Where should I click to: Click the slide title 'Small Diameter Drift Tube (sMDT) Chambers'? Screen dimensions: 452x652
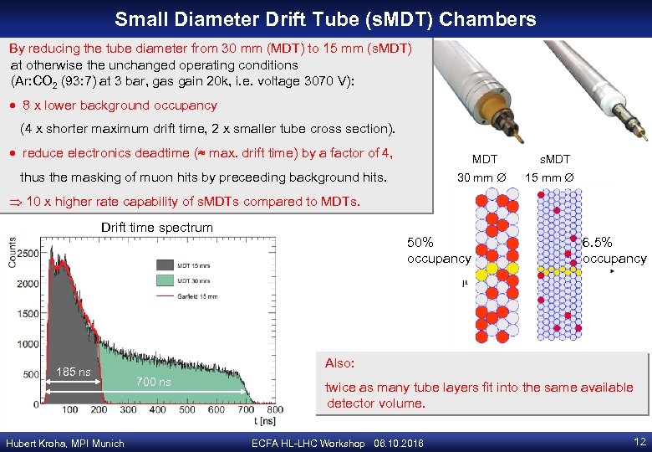[325, 18]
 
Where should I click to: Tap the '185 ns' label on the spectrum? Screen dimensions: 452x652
[74, 372]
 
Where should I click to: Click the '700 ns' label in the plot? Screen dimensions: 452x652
[153, 383]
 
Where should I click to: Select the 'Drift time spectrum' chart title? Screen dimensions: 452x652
[156, 228]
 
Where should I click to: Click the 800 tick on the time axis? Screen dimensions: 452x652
[273, 410]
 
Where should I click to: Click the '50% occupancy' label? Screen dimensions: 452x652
[438, 250]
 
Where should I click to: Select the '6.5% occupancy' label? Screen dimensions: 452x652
[614, 250]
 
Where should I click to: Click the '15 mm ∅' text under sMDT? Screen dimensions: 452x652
[548, 177]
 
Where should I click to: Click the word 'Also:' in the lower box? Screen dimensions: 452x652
[340, 363]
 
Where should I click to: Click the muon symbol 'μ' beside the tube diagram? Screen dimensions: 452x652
[464, 284]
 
